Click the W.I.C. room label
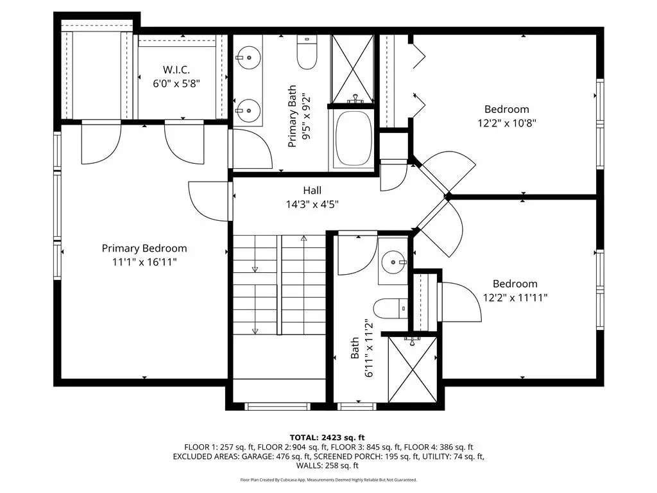tap(176, 69)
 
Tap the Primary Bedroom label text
tap(144, 248)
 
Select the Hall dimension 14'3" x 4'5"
tap(312, 205)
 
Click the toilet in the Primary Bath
tap(307, 53)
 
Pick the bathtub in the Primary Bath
tap(354, 139)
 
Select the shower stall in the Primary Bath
tap(352, 69)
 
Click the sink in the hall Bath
tap(394, 262)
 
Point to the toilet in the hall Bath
tap(390, 309)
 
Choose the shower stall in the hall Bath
tap(413, 369)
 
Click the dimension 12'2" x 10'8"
tap(507, 123)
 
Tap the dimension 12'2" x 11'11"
tap(515, 298)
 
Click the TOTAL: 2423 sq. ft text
tap(327, 438)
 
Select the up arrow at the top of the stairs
tap(303, 238)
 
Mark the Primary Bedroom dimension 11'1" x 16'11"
tap(144, 262)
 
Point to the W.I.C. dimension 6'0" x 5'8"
tap(176, 83)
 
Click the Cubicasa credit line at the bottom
tap(328, 480)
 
